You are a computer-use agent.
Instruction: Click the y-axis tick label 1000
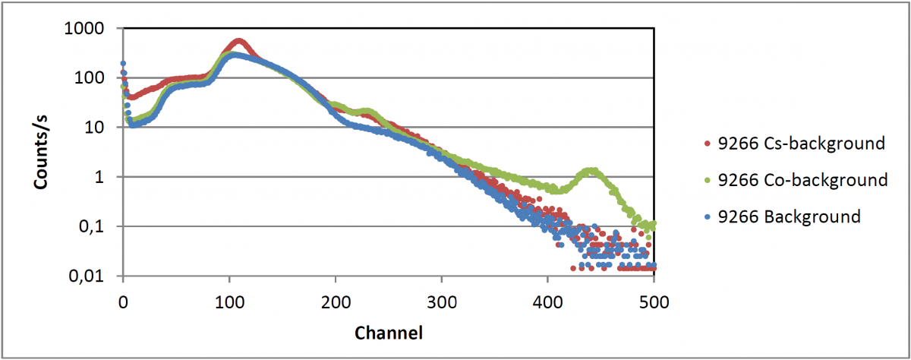click(x=95, y=29)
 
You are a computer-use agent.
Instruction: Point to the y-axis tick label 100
click(x=99, y=78)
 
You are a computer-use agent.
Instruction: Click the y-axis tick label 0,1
click(x=100, y=227)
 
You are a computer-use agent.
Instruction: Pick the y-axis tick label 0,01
click(x=96, y=276)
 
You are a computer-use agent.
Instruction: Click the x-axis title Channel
click(x=388, y=333)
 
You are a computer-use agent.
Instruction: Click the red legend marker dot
click(x=708, y=144)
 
